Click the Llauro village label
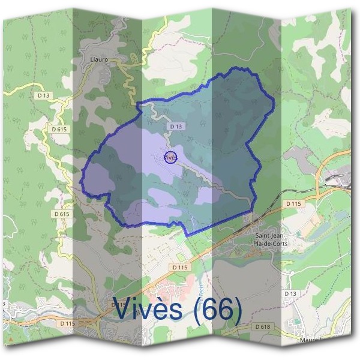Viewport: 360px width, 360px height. (x=98, y=60)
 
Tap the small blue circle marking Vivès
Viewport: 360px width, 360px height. (x=170, y=157)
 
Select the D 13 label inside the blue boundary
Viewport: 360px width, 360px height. (x=175, y=127)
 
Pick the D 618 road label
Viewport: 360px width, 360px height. (x=262, y=326)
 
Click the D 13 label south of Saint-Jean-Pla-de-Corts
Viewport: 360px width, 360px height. (x=290, y=293)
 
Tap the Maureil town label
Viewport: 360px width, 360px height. (x=312, y=339)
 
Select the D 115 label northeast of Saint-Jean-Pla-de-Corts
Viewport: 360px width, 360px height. (x=293, y=204)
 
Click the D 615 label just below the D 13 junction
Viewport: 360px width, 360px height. (x=58, y=129)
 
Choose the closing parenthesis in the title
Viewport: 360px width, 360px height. (x=235, y=311)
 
